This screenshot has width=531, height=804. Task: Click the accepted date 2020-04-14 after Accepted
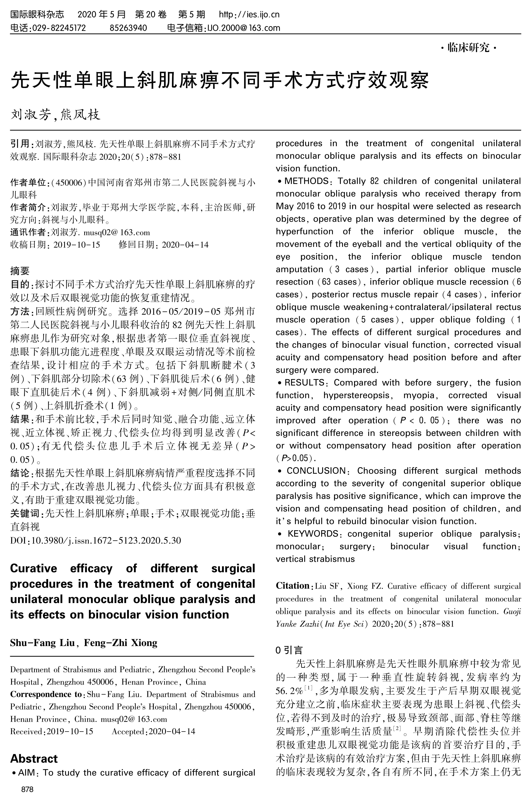click(172, 731)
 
